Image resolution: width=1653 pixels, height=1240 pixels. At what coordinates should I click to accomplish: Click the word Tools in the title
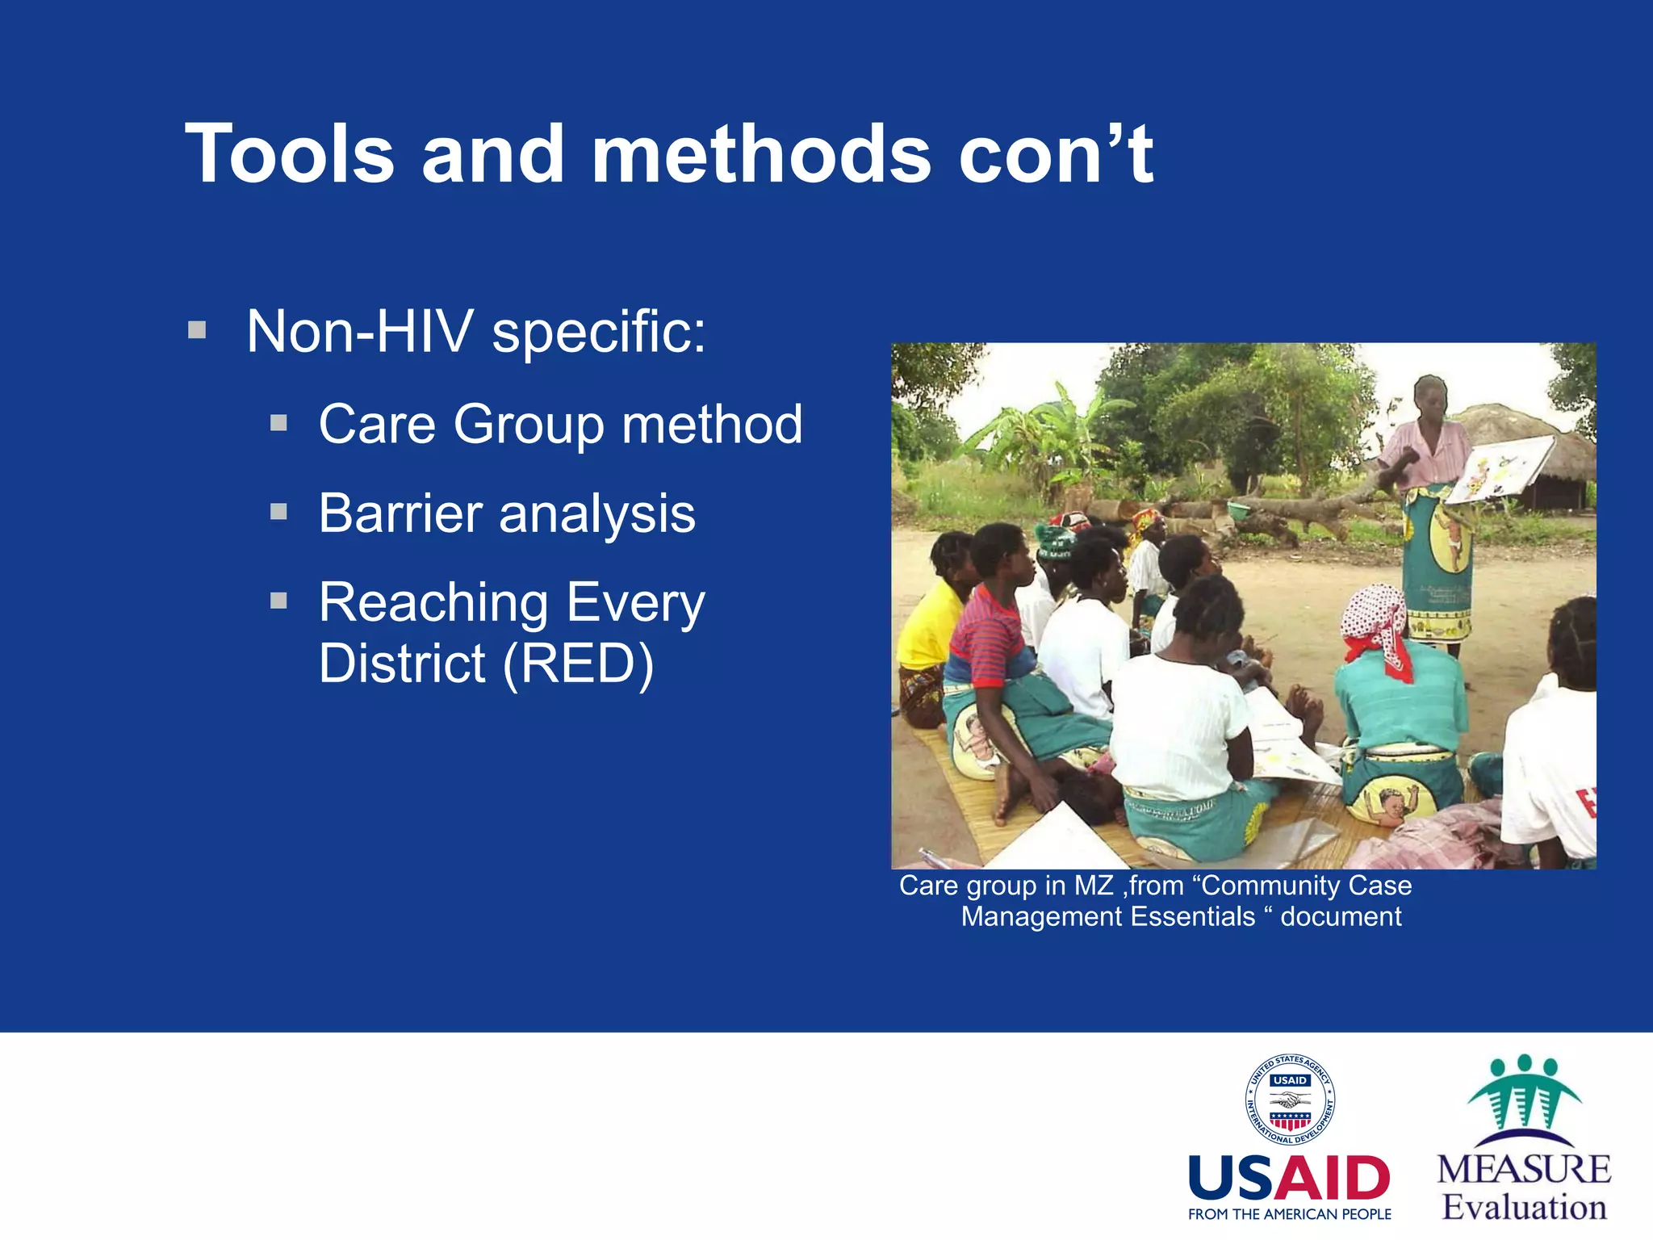click(x=290, y=153)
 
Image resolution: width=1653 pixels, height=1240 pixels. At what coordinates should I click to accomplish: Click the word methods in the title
click(x=761, y=153)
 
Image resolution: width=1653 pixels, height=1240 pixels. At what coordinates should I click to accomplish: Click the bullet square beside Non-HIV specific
click(x=197, y=330)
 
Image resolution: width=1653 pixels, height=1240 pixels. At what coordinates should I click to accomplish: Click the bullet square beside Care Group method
click(x=278, y=423)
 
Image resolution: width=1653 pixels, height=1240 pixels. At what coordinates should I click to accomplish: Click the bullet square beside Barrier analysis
click(x=278, y=512)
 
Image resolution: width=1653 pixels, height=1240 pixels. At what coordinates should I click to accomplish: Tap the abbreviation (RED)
click(x=578, y=664)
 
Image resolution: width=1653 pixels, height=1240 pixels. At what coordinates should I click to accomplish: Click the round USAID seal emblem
click(x=1289, y=1100)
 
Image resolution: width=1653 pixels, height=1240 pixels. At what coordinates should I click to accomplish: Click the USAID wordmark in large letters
click(x=1289, y=1179)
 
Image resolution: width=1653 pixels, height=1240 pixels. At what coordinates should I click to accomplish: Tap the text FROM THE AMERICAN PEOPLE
click(x=1289, y=1214)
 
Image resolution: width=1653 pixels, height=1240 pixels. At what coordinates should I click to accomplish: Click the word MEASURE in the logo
click(x=1524, y=1170)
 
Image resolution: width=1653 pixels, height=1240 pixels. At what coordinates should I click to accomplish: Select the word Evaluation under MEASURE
click(x=1524, y=1208)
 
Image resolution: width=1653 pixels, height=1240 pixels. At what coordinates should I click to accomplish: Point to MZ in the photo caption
click(x=1094, y=886)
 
